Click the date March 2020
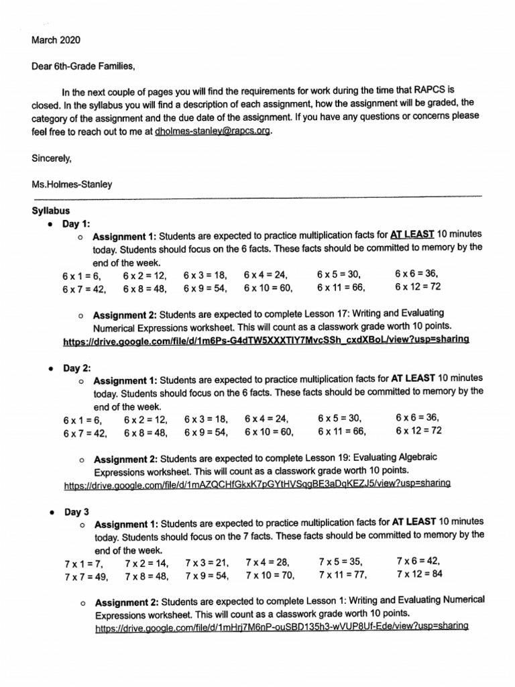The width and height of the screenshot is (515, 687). click(56, 40)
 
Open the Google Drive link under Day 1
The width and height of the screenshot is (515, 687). click(265, 340)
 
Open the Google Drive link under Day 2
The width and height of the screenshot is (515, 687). click(257, 483)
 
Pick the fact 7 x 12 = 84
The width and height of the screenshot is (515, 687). click(419, 574)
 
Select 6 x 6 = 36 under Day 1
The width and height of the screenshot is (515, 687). click(416, 274)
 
